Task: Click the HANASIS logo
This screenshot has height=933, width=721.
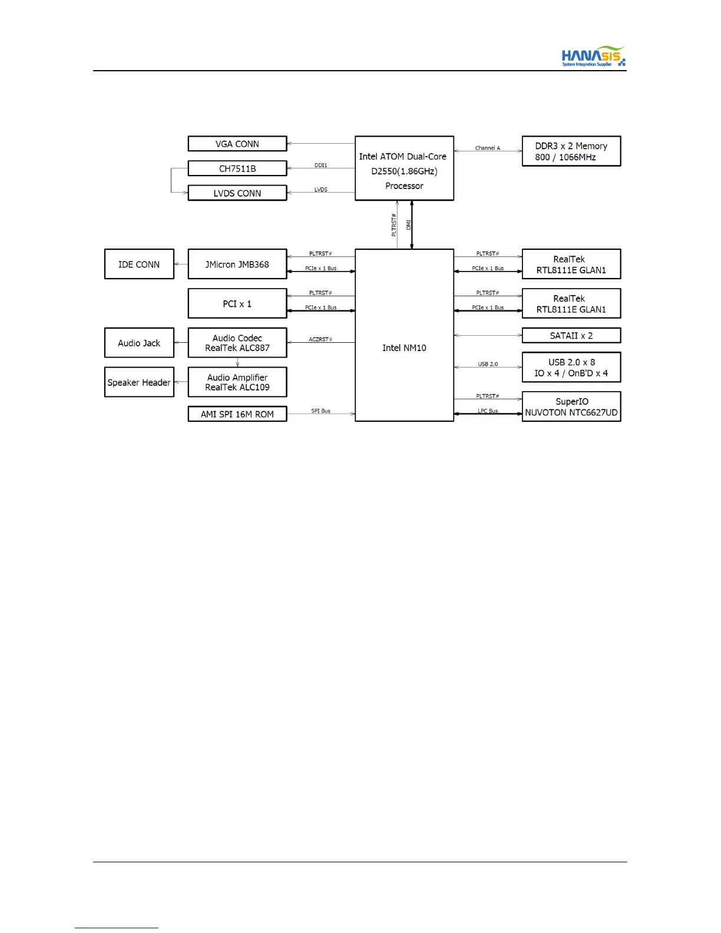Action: click(593, 57)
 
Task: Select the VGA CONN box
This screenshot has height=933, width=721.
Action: click(237, 144)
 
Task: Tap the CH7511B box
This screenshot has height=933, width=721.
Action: click(237, 168)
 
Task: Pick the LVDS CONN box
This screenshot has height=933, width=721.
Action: click(237, 193)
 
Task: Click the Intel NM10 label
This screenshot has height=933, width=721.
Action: click(404, 348)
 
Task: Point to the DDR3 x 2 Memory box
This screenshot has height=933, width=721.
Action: click(571, 151)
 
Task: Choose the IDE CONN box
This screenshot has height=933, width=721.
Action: click(139, 264)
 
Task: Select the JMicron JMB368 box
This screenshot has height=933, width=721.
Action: click(237, 264)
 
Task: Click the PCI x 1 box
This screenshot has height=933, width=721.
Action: click(237, 304)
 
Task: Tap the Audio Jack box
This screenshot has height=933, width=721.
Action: click(139, 343)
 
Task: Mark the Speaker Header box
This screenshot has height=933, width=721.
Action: click(139, 382)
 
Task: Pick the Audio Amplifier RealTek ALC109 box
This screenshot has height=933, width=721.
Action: click(237, 382)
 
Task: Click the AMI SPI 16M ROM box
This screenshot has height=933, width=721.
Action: click(237, 414)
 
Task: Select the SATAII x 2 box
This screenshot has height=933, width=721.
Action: click(571, 336)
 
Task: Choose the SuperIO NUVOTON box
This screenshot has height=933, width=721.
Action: click(571, 406)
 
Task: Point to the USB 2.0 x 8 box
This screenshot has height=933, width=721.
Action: click(571, 368)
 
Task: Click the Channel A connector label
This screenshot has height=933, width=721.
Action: click(488, 148)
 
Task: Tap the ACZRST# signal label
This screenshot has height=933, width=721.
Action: click(320, 339)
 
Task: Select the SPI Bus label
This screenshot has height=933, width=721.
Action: click(320, 411)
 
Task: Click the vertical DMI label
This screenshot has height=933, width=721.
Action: click(409, 225)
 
